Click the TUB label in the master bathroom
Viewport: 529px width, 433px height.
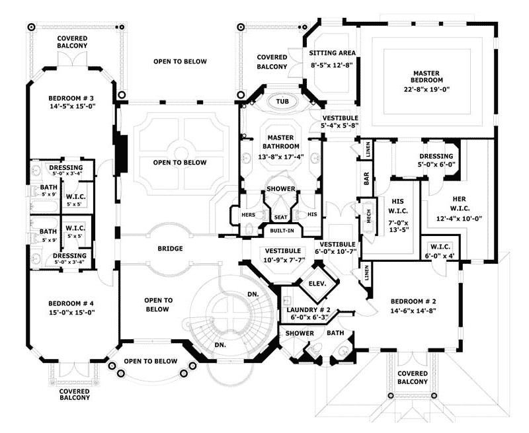(x=282, y=102)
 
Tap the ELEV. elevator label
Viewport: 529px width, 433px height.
(x=317, y=284)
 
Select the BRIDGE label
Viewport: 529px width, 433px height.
(x=171, y=249)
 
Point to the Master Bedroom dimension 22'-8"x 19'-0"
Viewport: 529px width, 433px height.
(x=427, y=90)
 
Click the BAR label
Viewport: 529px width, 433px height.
(x=367, y=178)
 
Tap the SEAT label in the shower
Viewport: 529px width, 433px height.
(x=280, y=217)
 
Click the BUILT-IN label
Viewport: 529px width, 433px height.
(x=282, y=231)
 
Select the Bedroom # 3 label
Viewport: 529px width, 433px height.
(x=71, y=98)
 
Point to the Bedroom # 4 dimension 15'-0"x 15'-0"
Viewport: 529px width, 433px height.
(x=71, y=312)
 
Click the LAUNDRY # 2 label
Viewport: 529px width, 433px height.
(x=309, y=309)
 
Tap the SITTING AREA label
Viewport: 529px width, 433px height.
(x=333, y=53)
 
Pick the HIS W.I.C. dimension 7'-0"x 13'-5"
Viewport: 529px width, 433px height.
(x=398, y=226)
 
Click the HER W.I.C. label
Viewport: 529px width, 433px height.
(x=459, y=204)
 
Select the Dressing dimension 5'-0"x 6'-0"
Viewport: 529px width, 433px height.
(x=436, y=165)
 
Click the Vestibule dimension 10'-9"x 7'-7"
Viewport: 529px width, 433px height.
(x=285, y=259)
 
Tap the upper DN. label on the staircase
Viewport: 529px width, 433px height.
(x=253, y=294)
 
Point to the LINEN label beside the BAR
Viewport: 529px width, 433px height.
(x=368, y=150)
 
